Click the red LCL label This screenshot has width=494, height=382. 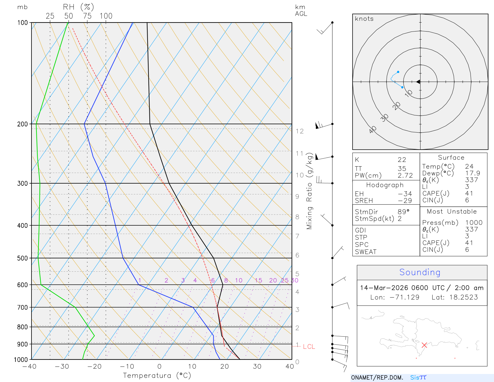(x=309, y=346)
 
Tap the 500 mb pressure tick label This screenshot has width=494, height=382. (x=23, y=258)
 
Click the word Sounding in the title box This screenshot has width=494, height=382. (x=420, y=272)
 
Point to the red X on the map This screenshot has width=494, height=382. (x=424, y=345)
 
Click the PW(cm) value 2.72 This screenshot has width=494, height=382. (x=405, y=176)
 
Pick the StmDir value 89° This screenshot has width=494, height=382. (x=403, y=212)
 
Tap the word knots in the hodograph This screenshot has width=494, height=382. (x=364, y=19)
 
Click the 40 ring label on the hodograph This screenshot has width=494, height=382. (x=373, y=129)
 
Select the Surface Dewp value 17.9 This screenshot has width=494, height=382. (x=472, y=173)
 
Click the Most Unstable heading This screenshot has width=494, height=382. (x=451, y=211)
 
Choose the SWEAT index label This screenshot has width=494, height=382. (x=366, y=252)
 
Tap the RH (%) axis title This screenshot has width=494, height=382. (x=78, y=7)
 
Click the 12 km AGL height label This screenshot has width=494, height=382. (x=299, y=131)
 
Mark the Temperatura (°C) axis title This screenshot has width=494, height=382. (x=157, y=376)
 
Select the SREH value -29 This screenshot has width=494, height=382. (x=405, y=201)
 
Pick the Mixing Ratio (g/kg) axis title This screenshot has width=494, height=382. (x=309, y=191)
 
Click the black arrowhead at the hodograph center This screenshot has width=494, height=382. (x=418, y=82)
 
